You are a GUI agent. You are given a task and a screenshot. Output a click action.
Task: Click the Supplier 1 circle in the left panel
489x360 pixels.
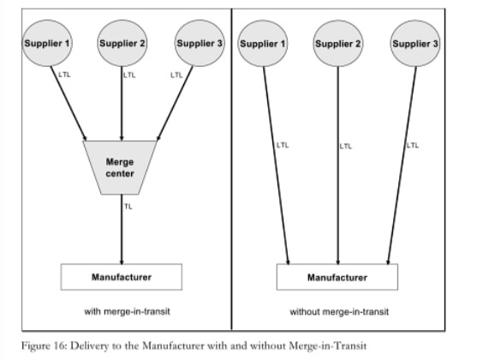pos(49,42)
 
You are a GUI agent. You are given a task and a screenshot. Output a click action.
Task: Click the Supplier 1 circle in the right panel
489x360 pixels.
pos(263,42)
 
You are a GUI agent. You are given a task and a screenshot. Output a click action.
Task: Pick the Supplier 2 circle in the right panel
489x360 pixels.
pos(337,42)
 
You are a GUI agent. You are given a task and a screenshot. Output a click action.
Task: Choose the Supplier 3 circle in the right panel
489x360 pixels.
pos(414,42)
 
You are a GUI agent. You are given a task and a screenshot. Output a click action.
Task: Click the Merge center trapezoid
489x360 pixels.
pos(121,166)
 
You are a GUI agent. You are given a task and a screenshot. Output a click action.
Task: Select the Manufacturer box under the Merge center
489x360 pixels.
pos(121,277)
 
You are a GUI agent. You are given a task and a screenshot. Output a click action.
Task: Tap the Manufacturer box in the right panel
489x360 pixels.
pos(337,277)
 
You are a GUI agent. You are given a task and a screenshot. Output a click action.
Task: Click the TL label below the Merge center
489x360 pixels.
pos(128,207)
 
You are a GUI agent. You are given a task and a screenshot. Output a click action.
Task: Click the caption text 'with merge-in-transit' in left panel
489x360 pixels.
pos(121,309)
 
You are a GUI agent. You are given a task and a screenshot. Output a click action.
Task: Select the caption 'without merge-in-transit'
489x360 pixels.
pos(337,309)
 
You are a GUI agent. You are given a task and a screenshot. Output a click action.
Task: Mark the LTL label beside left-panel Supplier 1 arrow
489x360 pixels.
pos(65,75)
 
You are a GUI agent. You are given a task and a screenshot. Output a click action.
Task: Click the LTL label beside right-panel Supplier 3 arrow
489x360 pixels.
pos(413,145)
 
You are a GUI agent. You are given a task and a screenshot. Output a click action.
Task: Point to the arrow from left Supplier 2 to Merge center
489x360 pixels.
pos(122,103)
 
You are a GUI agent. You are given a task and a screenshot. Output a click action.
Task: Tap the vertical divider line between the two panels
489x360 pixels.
pos(232,171)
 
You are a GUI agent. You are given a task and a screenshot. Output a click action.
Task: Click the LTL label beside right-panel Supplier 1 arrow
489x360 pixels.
pos(283,145)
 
